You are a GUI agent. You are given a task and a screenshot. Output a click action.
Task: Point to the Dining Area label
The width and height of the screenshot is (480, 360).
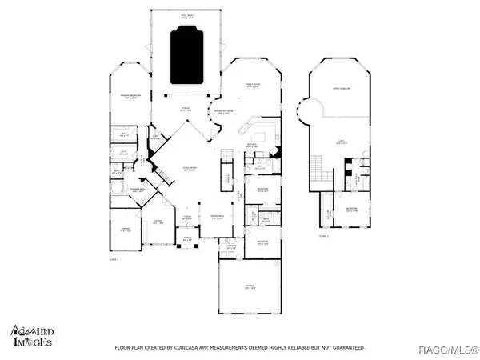216,218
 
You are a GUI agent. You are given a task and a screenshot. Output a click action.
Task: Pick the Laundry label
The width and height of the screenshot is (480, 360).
232,246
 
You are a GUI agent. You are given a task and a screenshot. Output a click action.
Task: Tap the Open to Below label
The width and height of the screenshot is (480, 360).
344,89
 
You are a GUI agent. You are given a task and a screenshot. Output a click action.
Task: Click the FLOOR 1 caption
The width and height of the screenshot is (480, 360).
113,260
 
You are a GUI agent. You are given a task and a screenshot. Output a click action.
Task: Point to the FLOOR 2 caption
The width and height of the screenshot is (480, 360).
323,237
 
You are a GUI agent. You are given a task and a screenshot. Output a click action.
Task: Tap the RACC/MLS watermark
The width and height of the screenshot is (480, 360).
451,348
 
